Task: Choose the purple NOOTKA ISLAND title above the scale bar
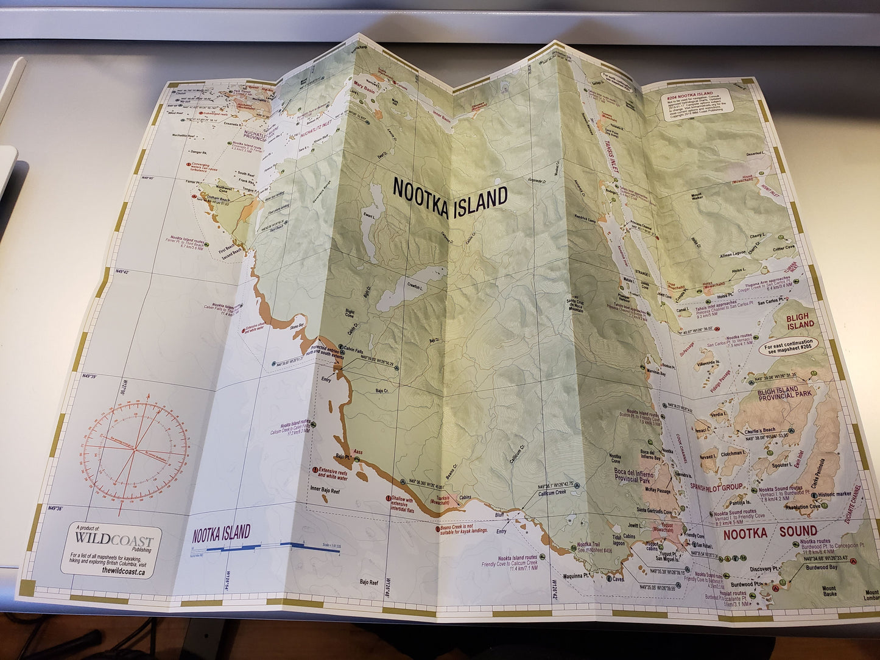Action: tap(221, 533)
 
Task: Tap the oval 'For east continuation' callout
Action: tap(788, 346)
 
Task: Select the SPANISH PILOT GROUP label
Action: tap(716, 487)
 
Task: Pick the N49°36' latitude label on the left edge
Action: tap(55, 507)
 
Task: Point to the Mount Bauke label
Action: tap(829, 592)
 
